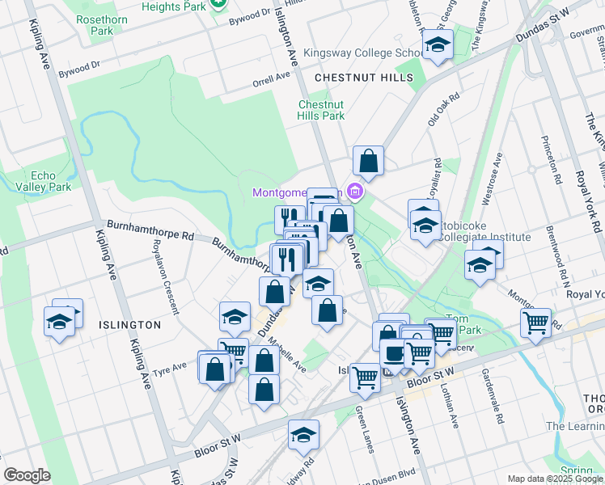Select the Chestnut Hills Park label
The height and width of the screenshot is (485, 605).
click(321, 110)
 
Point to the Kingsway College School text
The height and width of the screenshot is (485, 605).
click(359, 53)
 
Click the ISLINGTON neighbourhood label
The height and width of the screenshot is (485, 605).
click(129, 324)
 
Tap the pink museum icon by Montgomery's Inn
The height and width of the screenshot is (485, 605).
click(353, 192)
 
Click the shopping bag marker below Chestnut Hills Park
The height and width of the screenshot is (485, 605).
click(368, 160)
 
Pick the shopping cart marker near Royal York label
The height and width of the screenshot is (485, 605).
click(535, 323)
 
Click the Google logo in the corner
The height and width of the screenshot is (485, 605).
click(27, 474)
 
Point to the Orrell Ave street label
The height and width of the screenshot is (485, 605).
click(270, 77)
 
